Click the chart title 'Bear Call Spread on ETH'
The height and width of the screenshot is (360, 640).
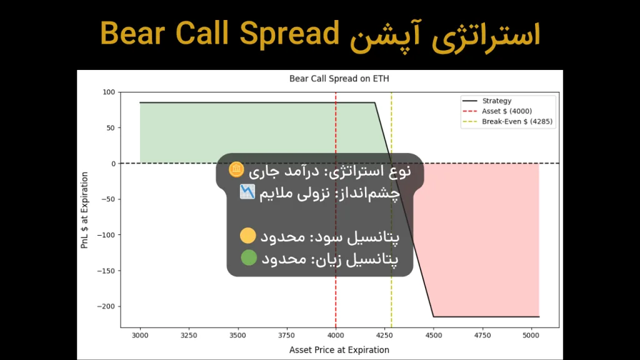tap(339, 79)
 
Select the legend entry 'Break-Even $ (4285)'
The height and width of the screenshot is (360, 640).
tap(517, 122)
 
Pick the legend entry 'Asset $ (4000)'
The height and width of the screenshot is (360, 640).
tap(507, 111)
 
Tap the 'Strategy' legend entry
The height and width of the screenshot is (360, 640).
tap(496, 101)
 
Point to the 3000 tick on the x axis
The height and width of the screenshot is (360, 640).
tap(140, 335)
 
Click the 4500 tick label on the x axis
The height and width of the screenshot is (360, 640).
tap(433, 335)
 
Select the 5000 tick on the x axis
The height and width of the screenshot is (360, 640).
tap(531, 335)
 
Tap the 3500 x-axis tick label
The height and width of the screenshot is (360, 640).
tap(237, 335)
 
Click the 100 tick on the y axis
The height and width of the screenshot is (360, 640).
tap(109, 92)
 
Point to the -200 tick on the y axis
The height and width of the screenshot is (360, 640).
tap(107, 307)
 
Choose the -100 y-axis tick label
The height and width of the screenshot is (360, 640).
tap(107, 236)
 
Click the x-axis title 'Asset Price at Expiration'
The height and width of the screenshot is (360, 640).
tap(339, 350)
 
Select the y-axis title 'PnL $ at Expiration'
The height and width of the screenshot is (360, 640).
tap(85, 210)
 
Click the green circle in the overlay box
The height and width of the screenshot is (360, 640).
tap(248, 257)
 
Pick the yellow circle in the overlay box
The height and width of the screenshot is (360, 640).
tap(248, 236)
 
